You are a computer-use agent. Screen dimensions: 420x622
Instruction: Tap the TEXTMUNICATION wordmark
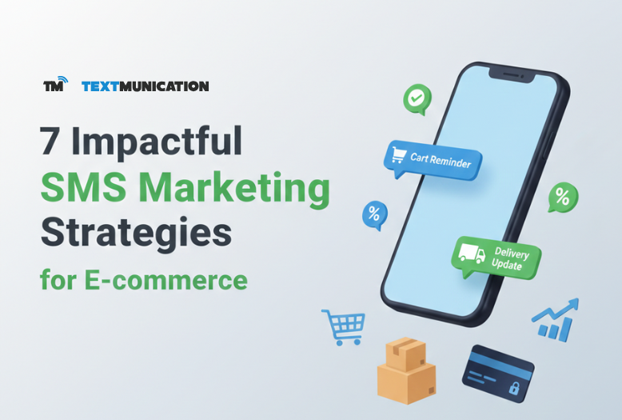(145, 86)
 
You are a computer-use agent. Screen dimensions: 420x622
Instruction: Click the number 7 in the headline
(54, 142)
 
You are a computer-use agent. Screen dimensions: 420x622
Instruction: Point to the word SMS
(82, 189)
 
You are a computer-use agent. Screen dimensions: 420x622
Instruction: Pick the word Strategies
(136, 234)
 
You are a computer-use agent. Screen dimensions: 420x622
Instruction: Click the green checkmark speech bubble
(416, 99)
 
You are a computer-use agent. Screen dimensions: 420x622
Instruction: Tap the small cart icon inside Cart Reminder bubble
(398, 154)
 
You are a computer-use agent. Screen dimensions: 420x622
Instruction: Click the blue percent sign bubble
(373, 214)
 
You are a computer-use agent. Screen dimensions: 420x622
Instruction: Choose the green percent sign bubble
(562, 195)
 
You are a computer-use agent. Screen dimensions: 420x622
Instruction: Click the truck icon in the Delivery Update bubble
(470, 255)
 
